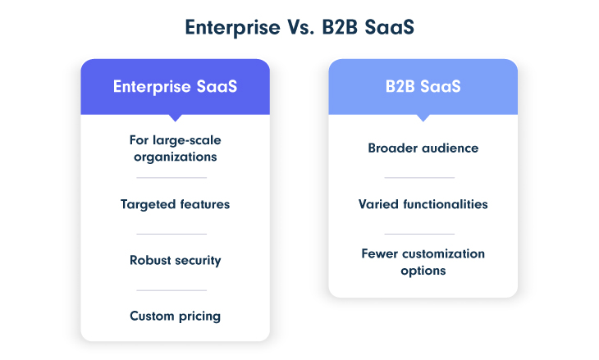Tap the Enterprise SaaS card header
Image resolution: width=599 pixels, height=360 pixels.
tap(175, 86)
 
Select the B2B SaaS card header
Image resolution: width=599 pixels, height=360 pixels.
tap(423, 86)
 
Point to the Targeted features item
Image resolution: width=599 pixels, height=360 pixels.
tap(175, 204)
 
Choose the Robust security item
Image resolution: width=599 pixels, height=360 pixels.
tap(175, 260)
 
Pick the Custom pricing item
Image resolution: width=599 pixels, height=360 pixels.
tap(175, 316)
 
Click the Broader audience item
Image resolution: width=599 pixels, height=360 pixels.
tap(423, 148)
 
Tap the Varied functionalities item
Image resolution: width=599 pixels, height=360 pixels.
tap(423, 204)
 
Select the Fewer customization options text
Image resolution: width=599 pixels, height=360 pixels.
tap(423, 262)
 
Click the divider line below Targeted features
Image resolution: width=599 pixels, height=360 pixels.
tap(171, 234)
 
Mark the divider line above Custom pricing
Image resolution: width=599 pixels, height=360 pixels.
tap(171, 289)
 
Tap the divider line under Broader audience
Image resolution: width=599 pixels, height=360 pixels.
tap(419, 177)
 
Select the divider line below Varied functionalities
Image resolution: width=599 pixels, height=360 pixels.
tap(419, 234)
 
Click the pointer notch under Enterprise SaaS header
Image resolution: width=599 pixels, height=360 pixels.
tap(175, 117)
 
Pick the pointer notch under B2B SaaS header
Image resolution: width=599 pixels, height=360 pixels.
tap(423, 117)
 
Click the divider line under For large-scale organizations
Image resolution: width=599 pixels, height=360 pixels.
tap(171, 177)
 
